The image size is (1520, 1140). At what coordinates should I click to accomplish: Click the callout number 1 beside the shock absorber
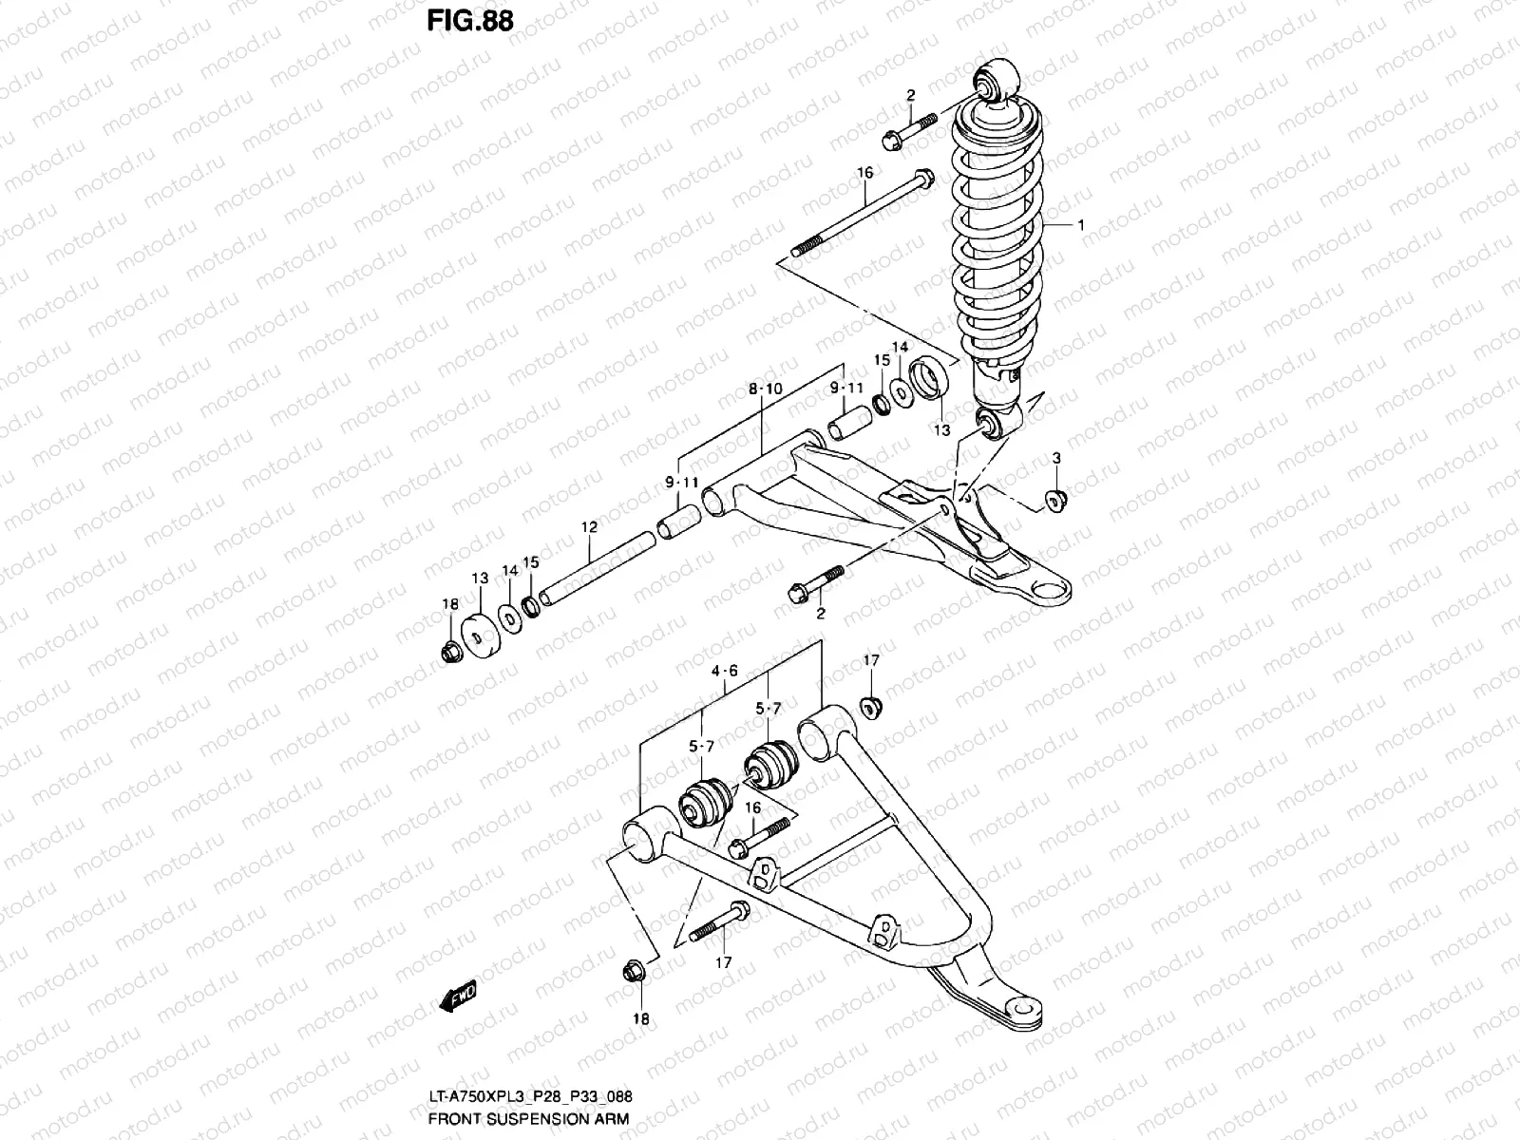(1080, 225)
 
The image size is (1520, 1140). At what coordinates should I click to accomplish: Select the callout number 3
(1056, 461)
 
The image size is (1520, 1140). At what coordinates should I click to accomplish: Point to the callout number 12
(589, 526)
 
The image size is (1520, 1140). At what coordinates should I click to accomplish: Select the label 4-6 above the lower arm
(724, 671)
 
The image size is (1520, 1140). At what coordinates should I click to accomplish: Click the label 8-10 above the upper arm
(765, 389)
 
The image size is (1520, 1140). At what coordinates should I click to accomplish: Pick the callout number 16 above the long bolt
(864, 173)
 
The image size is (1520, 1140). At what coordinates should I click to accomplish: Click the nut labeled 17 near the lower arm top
(869, 708)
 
